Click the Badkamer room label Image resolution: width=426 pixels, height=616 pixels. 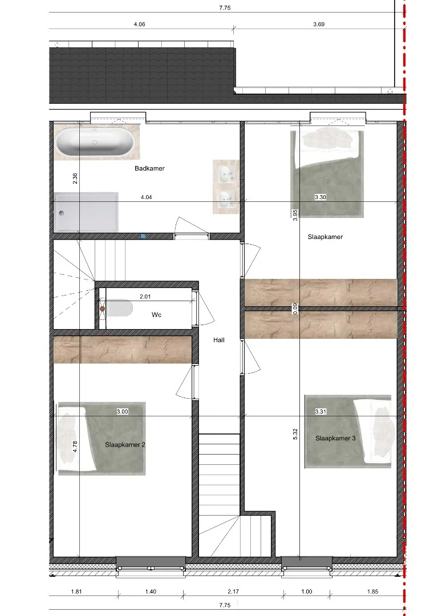149,168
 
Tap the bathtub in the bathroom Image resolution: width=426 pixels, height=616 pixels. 96,142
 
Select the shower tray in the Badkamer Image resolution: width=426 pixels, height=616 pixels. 86,212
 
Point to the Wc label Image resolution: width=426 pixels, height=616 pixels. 156,315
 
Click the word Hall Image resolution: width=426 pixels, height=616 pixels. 218,340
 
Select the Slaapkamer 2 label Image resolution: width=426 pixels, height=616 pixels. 125,445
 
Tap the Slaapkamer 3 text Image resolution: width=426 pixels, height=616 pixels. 335,438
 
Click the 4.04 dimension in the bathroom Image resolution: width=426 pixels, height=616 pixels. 146,197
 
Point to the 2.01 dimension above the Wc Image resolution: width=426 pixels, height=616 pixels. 145,297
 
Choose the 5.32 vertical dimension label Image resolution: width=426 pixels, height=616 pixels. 295,433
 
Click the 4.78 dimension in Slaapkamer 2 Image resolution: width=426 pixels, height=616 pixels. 75,447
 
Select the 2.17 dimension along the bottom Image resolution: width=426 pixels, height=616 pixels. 233,591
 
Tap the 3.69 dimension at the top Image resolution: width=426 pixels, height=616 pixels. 319,25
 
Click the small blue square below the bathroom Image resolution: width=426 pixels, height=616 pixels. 143,236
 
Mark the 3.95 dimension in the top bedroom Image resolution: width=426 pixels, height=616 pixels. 295,215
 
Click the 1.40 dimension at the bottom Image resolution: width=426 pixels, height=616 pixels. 151,591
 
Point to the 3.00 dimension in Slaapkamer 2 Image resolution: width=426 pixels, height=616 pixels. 123,412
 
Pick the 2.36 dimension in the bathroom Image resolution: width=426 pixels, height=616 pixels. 75,179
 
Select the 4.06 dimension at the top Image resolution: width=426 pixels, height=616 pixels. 139,25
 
